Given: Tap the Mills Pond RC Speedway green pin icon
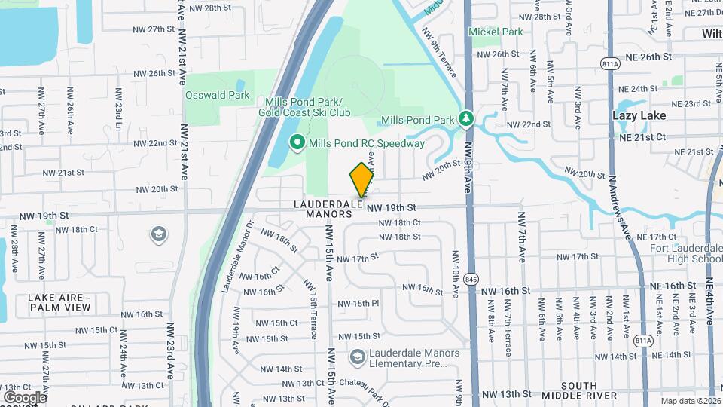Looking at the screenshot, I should (297, 142).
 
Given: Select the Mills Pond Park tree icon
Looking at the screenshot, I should (466, 119).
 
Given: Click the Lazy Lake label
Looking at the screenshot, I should (639, 115).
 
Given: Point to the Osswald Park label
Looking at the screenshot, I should (218, 96).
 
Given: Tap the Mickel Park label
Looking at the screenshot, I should (495, 32).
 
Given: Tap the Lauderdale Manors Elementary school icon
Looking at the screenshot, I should (358, 356).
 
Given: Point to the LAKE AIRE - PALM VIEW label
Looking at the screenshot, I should (59, 302).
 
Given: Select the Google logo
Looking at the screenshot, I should (24, 397).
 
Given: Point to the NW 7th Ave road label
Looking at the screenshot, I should (520, 236).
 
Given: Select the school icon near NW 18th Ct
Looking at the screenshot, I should (159, 235).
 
